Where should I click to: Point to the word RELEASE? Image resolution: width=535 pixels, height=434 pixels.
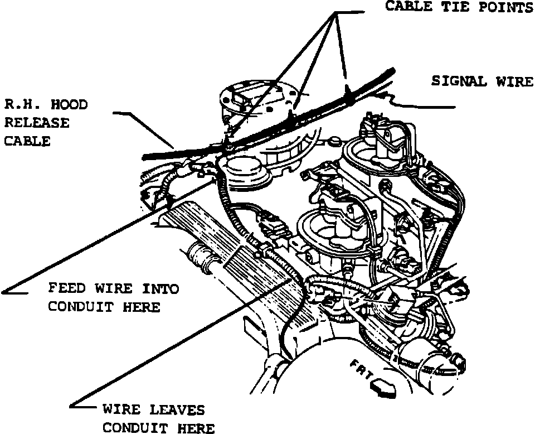click(37, 123)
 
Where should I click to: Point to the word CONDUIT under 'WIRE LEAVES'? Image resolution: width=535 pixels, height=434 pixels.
click(137, 428)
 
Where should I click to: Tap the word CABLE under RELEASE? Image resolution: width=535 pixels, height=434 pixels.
click(27, 141)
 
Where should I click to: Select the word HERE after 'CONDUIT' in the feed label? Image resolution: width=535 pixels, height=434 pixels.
click(143, 306)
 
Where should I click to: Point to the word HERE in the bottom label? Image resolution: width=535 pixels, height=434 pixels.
click(196, 428)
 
